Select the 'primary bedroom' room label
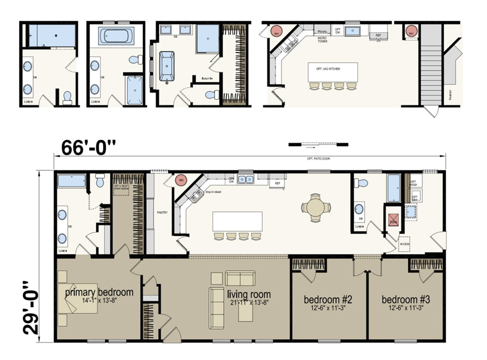[99, 292]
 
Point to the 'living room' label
[248, 294]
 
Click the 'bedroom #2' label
[328, 299]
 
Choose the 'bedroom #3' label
[406, 299]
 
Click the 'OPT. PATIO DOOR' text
[318, 159]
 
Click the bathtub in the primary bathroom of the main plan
[71, 181]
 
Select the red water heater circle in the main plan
[181, 180]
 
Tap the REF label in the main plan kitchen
[278, 183]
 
